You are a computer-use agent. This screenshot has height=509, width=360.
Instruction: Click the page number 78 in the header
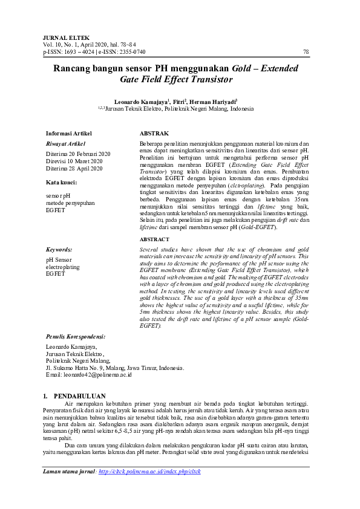pos(306,53)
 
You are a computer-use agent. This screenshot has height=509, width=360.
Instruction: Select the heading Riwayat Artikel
pos(65,144)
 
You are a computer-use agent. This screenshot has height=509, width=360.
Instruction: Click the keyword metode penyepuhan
pos(71,204)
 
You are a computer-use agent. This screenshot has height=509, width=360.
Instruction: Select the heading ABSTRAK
pos(154,133)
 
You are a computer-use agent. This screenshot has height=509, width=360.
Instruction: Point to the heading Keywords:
pos(59,249)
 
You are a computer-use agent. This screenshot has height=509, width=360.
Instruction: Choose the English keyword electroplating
pos(62,267)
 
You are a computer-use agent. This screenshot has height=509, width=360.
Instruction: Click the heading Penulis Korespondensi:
pos(76,337)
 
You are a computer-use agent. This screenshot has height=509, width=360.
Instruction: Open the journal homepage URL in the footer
pos(149,472)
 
